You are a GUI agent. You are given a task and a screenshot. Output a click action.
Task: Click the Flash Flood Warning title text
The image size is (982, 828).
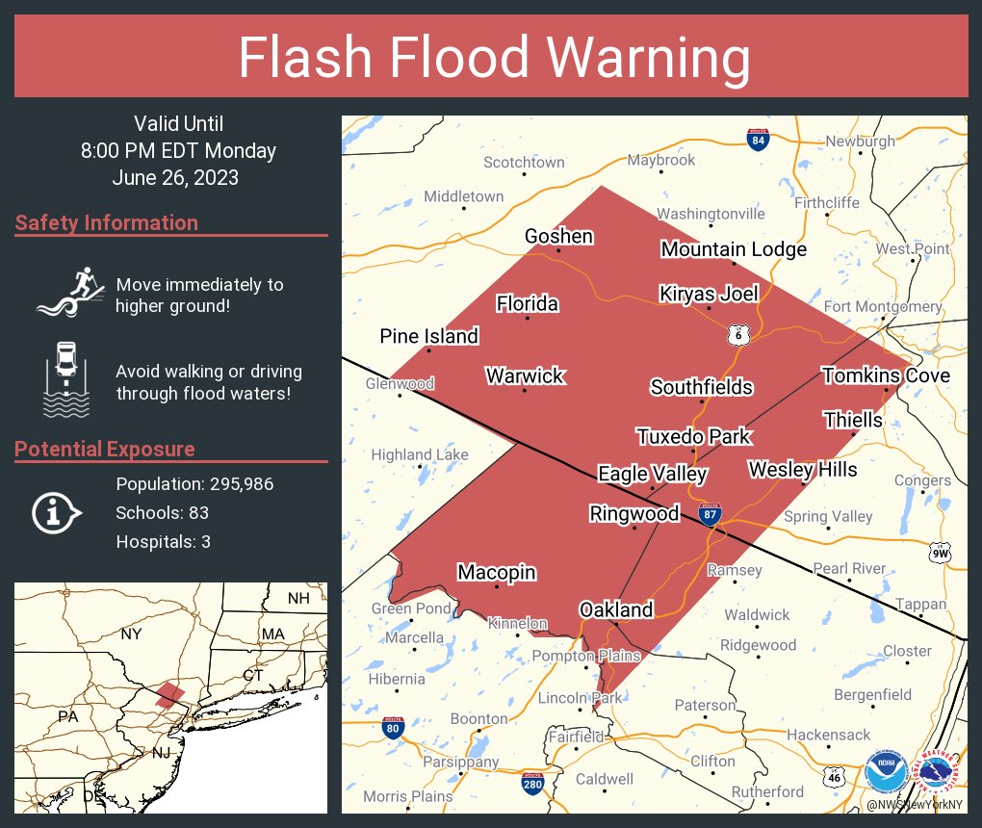(x=494, y=58)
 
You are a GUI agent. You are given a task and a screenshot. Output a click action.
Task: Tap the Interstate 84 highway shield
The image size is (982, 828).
(x=758, y=141)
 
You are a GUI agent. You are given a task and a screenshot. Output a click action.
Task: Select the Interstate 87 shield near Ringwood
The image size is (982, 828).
(x=710, y=513)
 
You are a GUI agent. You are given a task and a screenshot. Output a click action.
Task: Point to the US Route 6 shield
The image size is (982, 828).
(x=738, y=334)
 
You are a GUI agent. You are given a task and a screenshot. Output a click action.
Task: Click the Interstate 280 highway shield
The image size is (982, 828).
(x=532, y=784)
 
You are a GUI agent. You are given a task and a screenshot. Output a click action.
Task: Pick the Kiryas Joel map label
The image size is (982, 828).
(x=709, y=294)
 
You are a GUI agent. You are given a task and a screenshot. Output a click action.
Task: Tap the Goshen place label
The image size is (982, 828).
(x=558, y=236)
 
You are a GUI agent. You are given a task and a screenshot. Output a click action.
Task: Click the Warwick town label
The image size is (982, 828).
(x=525, y=375)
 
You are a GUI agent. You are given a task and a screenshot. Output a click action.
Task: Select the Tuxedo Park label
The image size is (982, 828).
(x=693, y=436)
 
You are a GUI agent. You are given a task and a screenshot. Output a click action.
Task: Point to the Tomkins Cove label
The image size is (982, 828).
(x=886, y=375)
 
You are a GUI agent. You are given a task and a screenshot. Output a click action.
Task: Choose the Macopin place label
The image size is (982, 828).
(x=497, y=572)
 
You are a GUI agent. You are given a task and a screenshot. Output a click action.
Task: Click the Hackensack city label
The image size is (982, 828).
(x=828, y=735)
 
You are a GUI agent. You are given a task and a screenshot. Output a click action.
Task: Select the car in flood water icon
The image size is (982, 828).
(x=66, y=379)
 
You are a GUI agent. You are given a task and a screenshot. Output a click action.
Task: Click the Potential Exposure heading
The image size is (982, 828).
(x=105, y=449)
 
